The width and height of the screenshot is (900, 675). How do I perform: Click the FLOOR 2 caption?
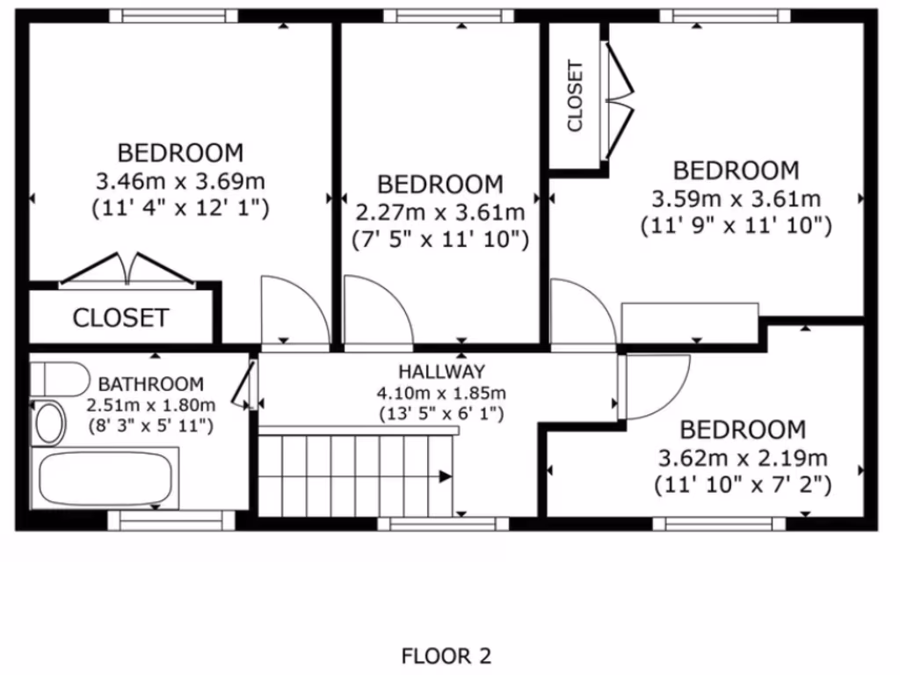446,656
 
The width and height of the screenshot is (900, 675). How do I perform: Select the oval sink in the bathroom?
49,423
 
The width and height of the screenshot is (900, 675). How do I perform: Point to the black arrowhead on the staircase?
445,476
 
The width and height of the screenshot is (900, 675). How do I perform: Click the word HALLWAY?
440,372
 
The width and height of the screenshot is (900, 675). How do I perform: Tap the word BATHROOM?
150,384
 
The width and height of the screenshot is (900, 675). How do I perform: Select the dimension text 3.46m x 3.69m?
180,182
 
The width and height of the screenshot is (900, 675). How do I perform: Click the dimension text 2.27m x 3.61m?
440,213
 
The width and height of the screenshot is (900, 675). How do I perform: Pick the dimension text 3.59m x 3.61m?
736,199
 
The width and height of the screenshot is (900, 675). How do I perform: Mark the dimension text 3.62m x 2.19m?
743,458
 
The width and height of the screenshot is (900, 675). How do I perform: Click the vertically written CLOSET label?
576,96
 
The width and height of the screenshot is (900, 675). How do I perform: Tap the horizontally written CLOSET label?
120,317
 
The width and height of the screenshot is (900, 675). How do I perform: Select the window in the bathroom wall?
171,523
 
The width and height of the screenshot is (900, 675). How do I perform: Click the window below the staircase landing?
443,524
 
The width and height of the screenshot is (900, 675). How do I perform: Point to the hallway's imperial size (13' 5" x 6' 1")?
440,413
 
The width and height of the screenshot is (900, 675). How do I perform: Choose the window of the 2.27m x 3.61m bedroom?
448,16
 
